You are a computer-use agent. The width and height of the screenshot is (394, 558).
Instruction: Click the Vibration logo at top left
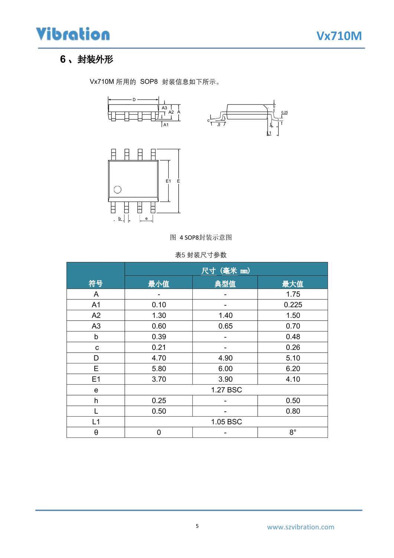click(x=73, y=34)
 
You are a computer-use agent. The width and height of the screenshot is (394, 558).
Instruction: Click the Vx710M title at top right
click(x=339, y=36)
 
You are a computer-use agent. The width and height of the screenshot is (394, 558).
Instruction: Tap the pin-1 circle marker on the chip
click(x=118, y=190)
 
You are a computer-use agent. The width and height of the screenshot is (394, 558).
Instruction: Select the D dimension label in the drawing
click(x=134, y=100)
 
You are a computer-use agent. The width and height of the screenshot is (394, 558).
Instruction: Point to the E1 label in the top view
click(x=168, y=181)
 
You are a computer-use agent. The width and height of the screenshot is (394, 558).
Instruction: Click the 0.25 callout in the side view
click(x=284, y=112)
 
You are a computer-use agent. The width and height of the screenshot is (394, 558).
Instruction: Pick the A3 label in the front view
click(x=165, y=108)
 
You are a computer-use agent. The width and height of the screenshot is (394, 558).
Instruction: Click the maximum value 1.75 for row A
click(x=293, y=294)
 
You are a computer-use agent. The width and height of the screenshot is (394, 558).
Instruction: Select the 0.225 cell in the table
click(x=293, y=305)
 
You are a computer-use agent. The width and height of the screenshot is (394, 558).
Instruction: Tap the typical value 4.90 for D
click(x=225, y=358)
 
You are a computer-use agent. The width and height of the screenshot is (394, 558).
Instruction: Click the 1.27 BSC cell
click(x=226, y=390)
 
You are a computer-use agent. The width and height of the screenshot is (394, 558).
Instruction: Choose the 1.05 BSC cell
click(x=226, y=422)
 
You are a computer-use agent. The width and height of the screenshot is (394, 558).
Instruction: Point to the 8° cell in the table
click(x=293, y=432)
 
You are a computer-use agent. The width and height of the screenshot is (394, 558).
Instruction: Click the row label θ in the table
click(x=96, y=432)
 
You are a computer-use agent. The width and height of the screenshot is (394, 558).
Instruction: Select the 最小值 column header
click(x=159, y=284)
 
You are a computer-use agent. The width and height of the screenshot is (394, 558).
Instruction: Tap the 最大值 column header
click(x=293, y=284)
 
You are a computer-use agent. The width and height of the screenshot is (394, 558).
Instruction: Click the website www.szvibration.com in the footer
click(x=300, y=527)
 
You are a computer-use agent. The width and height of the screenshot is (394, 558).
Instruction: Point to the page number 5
click(x=197, y=526)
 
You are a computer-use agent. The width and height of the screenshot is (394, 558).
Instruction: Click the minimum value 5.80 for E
click(x=159, y=369)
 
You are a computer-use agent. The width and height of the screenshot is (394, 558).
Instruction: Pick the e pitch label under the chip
click(x=146, y=218)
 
